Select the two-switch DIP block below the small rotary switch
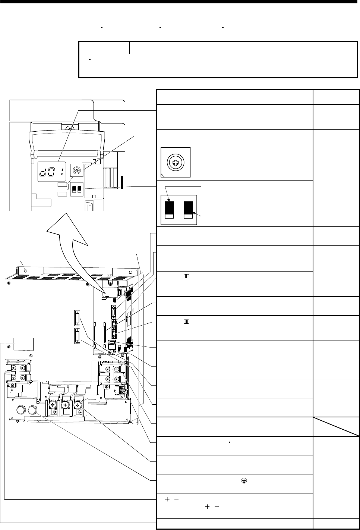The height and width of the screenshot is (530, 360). click(77, 189)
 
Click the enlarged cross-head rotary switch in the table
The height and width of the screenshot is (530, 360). click(176, 162)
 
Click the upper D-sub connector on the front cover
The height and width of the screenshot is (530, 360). click(77, 319)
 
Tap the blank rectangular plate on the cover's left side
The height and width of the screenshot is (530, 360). click(23, 344)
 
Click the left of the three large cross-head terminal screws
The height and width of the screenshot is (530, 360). click(53, 405)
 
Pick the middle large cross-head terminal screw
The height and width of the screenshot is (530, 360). click(66, 405)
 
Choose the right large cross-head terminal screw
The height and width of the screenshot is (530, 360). click(78, 405)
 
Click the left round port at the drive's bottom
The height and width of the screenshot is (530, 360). click(20, 410)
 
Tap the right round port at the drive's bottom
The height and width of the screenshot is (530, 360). click(32, 410)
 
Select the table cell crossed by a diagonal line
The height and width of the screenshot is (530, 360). click(336, 426)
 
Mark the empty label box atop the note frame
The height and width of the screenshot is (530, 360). click(104, 48)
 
